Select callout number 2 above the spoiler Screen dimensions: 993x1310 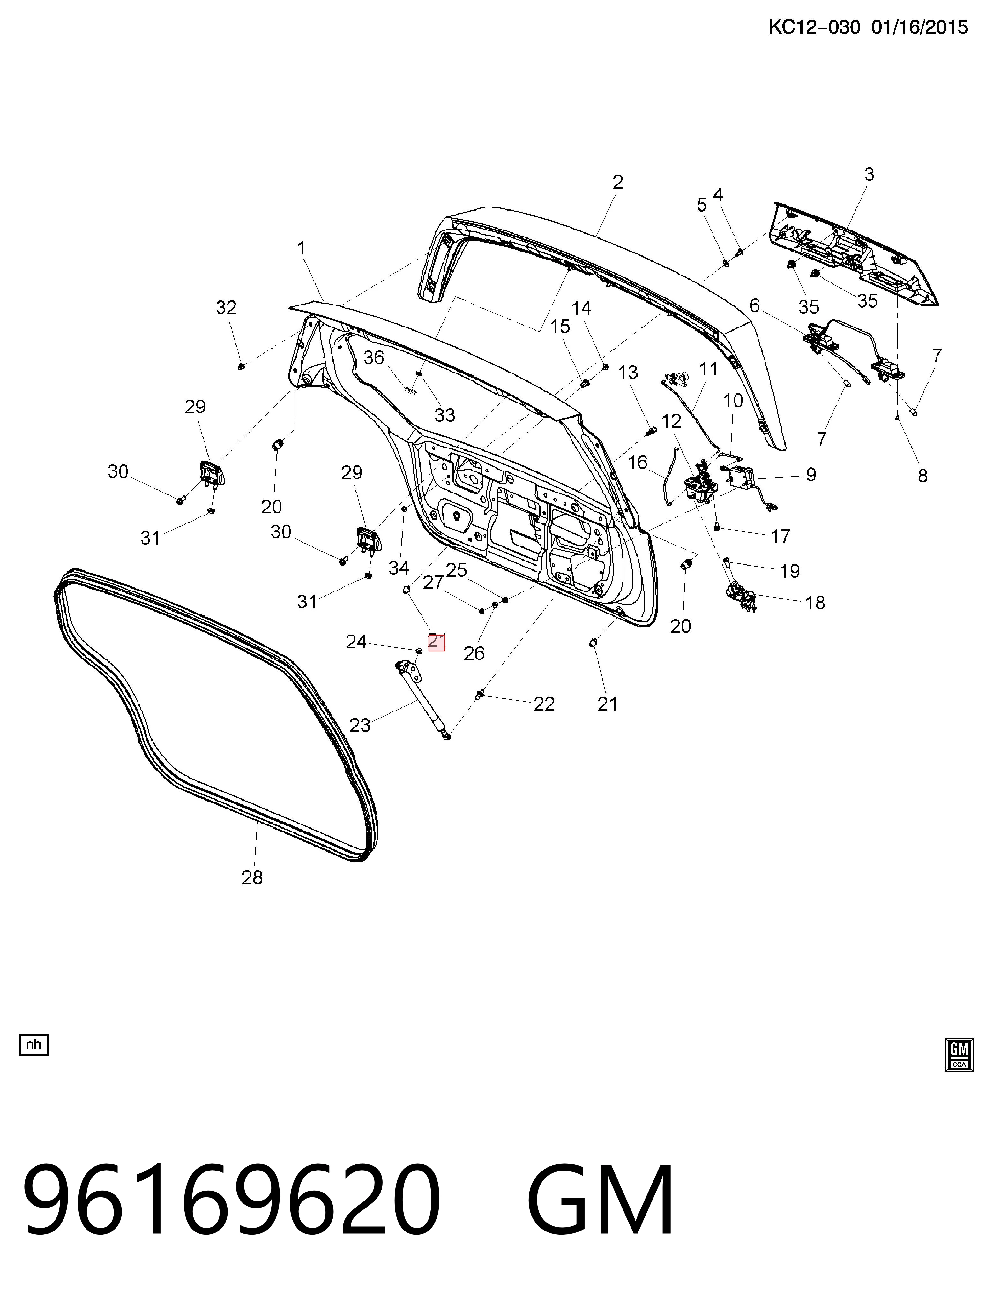click(x=617, y=182)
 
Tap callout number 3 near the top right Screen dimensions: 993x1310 click(x=869, y=174)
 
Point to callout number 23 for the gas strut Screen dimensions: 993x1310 click(x=359, y=725)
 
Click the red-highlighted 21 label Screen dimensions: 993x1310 click(x=437, y=641)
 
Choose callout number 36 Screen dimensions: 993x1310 click(x=374, y=358)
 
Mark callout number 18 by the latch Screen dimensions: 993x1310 click(x=815, y=602)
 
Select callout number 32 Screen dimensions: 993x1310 click(x=226, y=307)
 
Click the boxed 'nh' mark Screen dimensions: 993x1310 click(x=34, y=1044)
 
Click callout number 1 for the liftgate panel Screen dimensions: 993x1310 click(x=302, y=248)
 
